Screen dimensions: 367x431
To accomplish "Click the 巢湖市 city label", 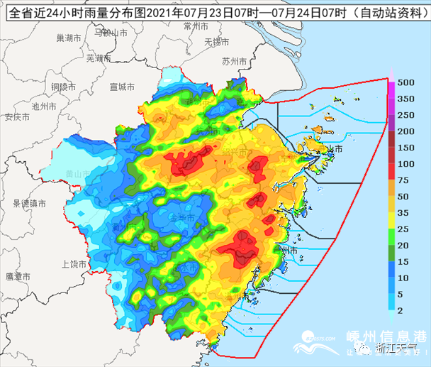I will tap(70, 37).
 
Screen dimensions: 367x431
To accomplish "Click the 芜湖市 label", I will tap(99, 56).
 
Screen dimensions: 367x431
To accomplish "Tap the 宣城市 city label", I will tap(122, 87).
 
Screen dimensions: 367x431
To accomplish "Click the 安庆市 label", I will tap(16, 117).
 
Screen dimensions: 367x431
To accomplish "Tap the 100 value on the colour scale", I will tap(405, 164).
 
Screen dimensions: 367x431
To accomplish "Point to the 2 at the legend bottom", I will tap(401, 311).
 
